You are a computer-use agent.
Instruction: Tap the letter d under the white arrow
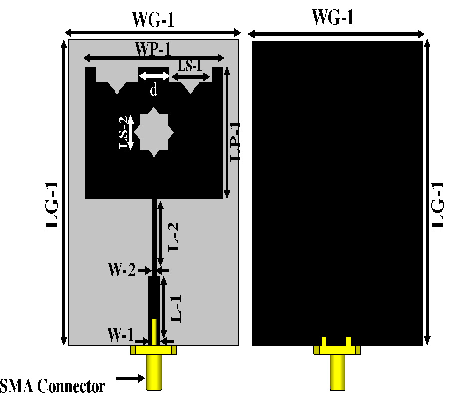coord(154,90)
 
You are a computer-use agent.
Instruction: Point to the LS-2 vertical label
coord(125,132)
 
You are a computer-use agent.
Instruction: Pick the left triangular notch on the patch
coord(118,86)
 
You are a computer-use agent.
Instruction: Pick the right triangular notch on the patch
coord(191,86)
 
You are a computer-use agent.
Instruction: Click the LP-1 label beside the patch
coord(235,141)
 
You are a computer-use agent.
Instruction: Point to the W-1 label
coord(122,334)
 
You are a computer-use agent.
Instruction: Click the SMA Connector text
coord(53,386)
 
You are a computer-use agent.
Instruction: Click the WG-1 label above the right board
coord(333,17)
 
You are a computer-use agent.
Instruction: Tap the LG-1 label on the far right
coord(438,205)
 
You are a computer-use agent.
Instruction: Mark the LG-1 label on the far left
coord(52,205)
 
